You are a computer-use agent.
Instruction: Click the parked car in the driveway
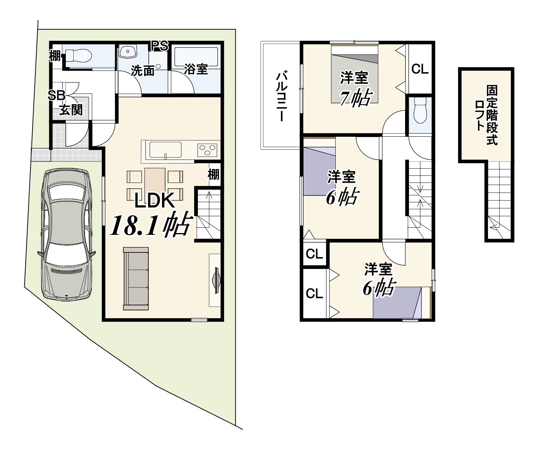tap(66, 234)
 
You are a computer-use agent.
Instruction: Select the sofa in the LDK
tap(136, 279)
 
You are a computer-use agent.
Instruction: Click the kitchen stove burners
tap(207, 150)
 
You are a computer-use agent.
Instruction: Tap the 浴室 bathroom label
tap(196, 69)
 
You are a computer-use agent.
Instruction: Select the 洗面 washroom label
tap(143, 70)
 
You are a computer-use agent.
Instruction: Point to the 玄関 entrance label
tap(71, 110)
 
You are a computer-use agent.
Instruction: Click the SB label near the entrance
tap(56, 96)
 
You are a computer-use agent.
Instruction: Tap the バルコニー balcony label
tap(282, 96)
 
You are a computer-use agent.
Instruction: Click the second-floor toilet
tap(420, 110)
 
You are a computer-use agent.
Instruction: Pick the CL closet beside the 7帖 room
tap(420, 69)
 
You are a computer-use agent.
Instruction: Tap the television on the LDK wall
tap(216, 280)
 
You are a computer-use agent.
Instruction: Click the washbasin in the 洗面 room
tap(128, 52)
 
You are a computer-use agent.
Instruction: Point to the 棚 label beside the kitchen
tap(213, 174)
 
